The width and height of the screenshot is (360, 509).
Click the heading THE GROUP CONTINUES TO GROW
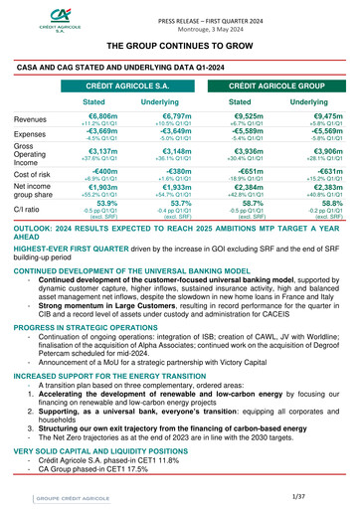181,46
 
